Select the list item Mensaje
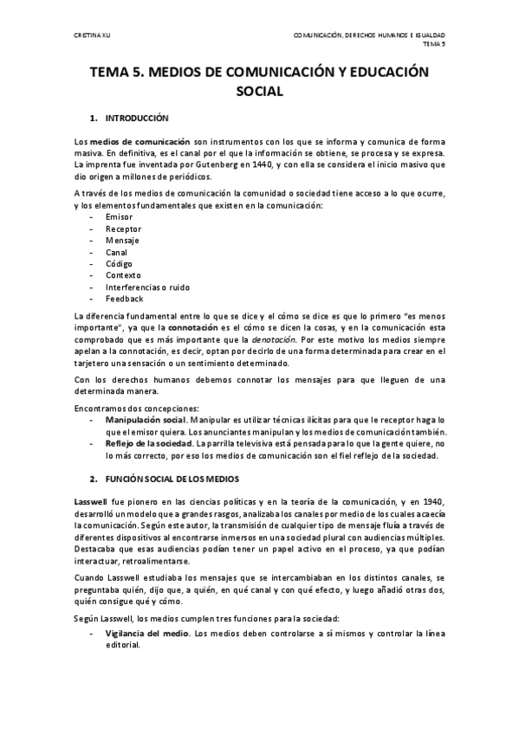point(121,240)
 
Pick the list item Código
point(120,263)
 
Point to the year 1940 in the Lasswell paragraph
point(431,502)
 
